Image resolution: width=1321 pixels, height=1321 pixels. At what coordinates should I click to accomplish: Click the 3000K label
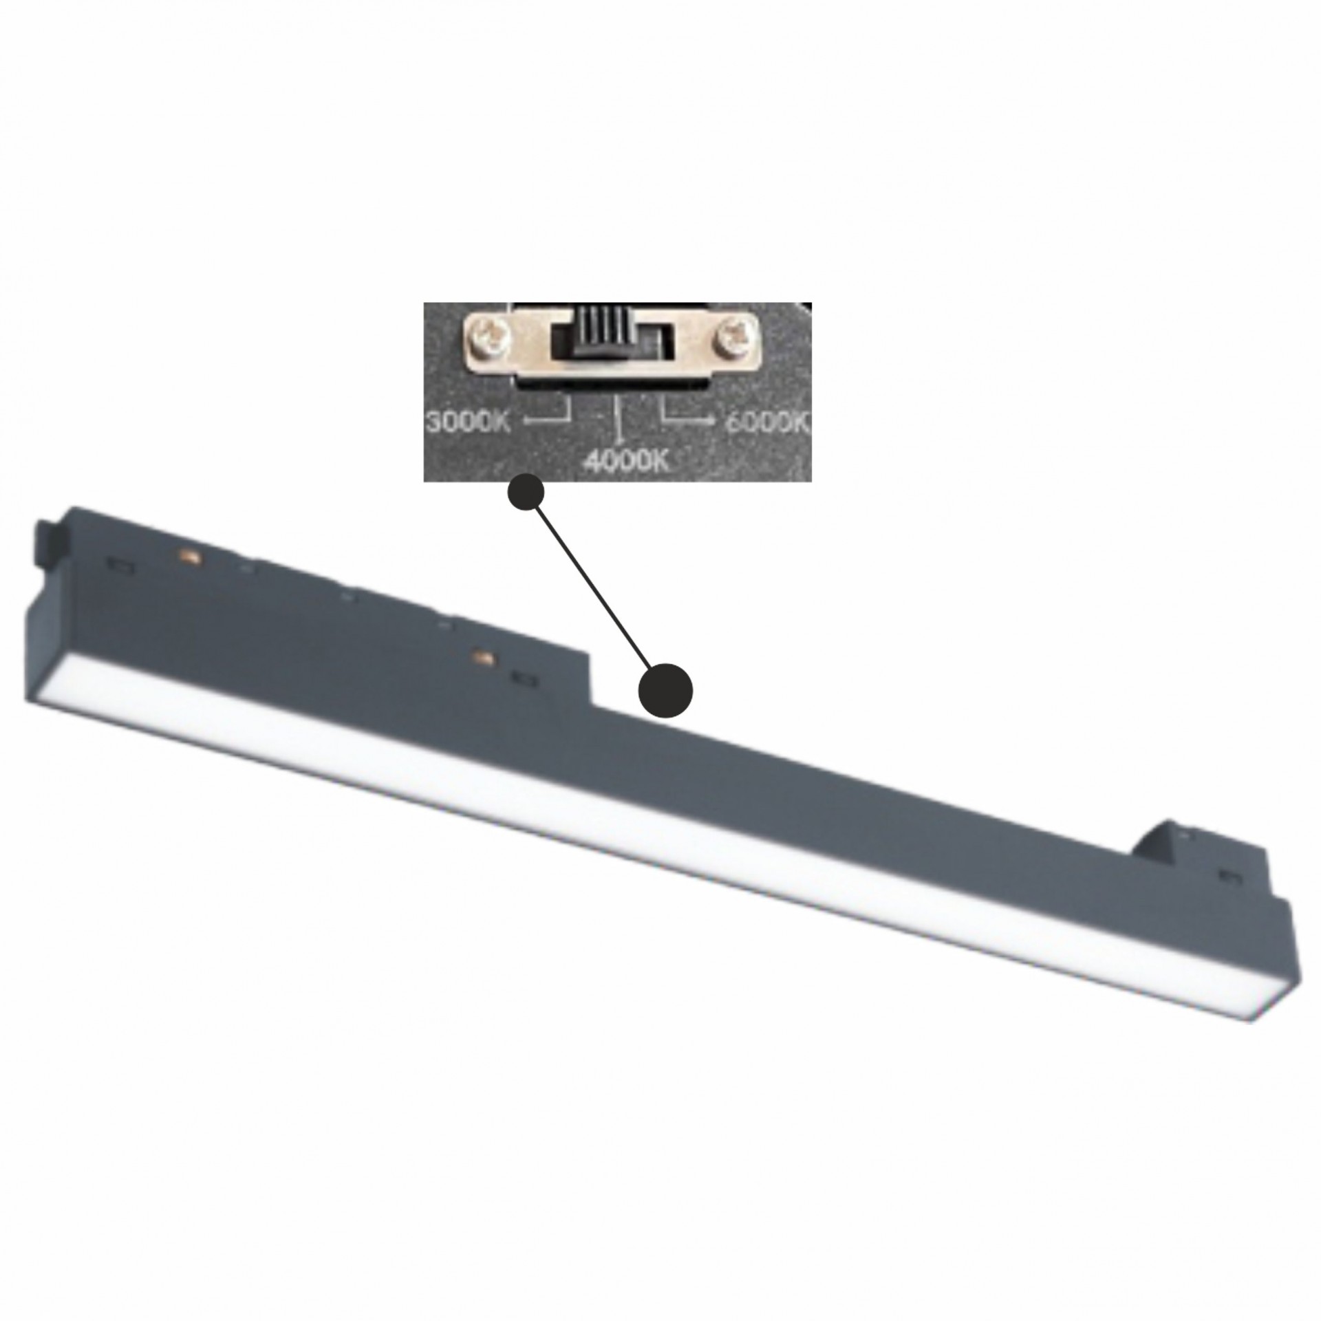[468, 422]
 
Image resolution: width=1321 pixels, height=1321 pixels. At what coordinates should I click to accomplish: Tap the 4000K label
[626, 460]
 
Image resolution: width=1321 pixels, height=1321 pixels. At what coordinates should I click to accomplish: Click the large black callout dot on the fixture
[665, 691]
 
